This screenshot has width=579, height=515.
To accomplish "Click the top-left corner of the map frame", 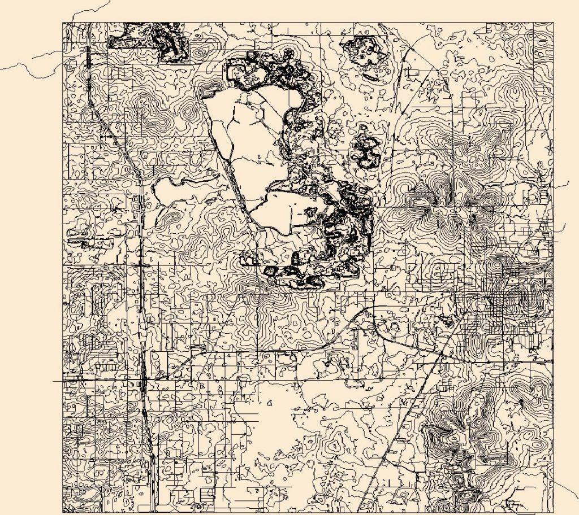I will point(63,23).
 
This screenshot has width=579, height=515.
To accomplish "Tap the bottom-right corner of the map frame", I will point(554,513).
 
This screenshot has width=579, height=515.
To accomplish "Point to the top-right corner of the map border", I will point(554,23).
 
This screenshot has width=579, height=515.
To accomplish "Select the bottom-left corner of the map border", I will point(63,513).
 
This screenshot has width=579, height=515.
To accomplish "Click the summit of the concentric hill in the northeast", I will point(515,90).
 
